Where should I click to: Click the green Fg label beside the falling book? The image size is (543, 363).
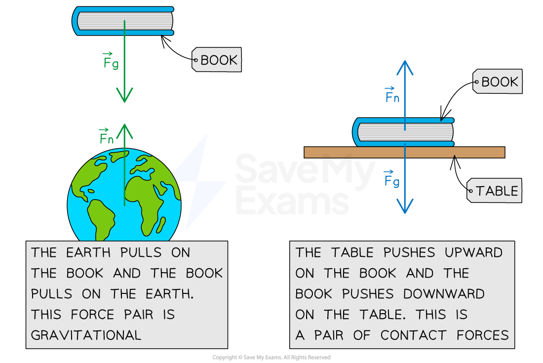[111, 61]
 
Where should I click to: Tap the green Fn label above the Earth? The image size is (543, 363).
[106, 137]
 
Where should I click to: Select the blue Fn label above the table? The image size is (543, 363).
[392, 95]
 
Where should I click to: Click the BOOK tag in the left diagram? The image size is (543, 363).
[217, 60]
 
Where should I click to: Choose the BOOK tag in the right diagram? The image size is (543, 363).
[498, 82]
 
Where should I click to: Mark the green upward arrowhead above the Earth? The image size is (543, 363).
[124, 130]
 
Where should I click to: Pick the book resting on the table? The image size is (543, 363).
[404, 132]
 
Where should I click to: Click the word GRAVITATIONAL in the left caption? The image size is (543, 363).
[86, 335]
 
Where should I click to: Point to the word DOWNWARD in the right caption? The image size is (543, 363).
[444, 294]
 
